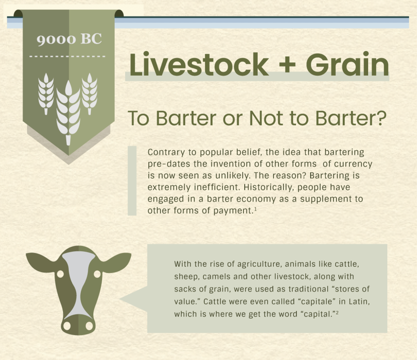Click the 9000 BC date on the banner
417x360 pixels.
[x=69, y=40]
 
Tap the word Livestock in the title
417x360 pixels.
[x=199, y=64]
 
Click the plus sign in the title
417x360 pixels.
[x=287, y=64]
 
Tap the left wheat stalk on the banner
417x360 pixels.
[x=46, y=94]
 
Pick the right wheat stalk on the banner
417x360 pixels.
[x=90, y=94]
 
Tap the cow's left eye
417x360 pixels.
[x=60, y=274]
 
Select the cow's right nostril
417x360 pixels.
[x=89, y=325]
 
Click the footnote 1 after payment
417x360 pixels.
[x=255, y=209]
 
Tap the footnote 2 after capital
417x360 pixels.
[x=337, y=313]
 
